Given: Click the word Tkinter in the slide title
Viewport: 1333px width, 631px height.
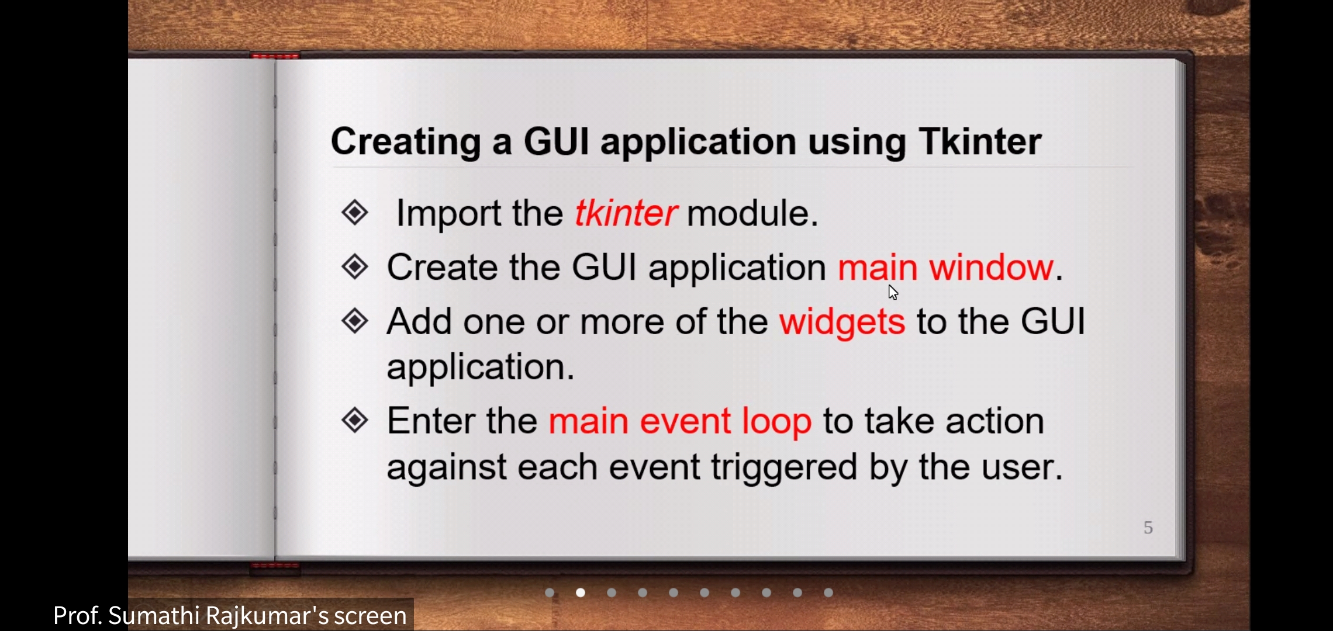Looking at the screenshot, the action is pyautogui.click(x=980, y=141).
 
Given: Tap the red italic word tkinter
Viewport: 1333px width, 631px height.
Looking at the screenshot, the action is pyautogui.click(x=626, y=213).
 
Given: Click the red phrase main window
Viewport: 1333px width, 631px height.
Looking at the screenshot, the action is pyautogui.click(x=945, y=268).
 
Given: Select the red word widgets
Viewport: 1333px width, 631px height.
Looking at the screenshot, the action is pyautogui.click(x=842, y=323).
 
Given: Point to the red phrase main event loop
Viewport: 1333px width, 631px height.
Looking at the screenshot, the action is pyautogui.click(x=680, y=422).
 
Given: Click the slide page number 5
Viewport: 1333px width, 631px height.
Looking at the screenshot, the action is pyautogui.click(x=1148, y=528).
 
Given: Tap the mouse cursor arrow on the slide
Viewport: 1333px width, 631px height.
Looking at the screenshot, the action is pyautogui.click(x=892, y=292).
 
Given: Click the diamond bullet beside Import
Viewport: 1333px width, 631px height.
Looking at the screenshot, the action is pyautogui.click(x=355, y=212).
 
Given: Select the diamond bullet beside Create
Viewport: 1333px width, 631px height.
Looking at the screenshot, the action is pyautogui.click(x=355, y=267).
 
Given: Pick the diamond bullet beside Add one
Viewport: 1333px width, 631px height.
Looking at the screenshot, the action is pyautogui.click(x=355, y=321).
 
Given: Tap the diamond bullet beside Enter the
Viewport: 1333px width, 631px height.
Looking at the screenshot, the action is pyautogui.click(x=355, y=420).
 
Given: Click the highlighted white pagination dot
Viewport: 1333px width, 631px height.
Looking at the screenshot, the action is pyautogui.click(x=581, y=592).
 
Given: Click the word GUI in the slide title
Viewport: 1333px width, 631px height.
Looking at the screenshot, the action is pyautogui.click(x=556, y=141).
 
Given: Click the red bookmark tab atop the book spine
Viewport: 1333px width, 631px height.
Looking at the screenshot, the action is pyautogui.click(x=275, y=56).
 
